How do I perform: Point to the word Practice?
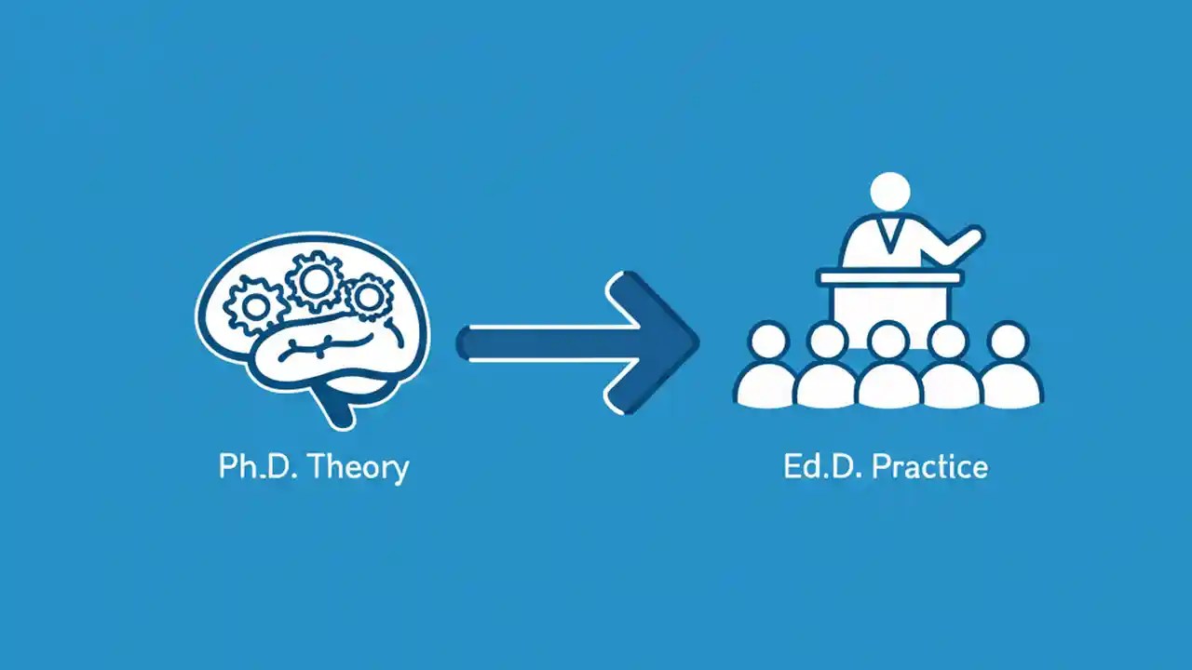[930, 466]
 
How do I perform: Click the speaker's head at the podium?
[889, 192]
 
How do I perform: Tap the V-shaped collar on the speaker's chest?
[888, 233]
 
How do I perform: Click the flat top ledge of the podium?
[888, 277]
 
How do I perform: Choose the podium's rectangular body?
[888, 307]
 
